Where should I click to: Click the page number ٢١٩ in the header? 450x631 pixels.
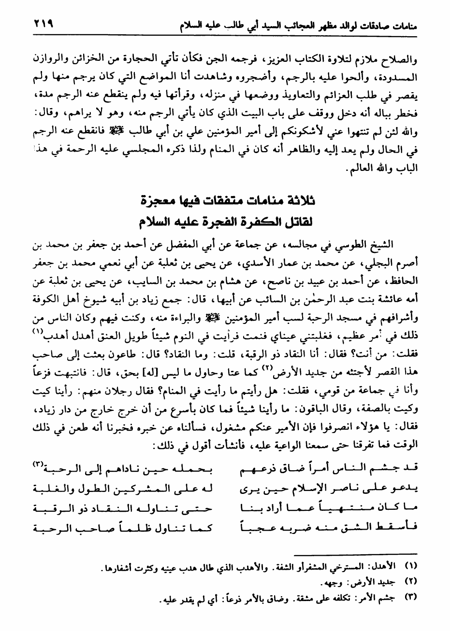42,23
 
